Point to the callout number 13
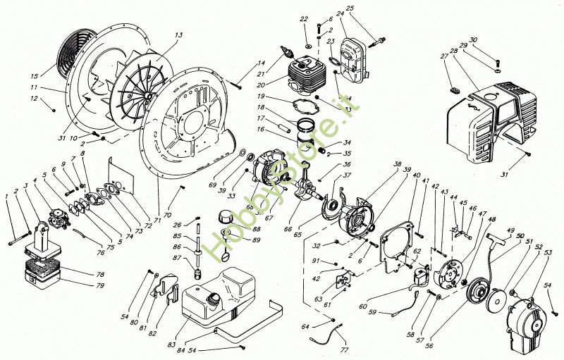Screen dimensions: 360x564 point(178,35)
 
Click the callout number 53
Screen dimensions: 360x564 point(548,252)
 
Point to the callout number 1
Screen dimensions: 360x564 point(7,196)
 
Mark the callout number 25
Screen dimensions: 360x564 point(350,8)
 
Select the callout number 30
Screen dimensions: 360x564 point(473,40)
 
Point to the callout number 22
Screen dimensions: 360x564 point(304,19)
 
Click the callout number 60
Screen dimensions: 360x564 point(363,306)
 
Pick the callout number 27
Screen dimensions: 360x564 point(444,56)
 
